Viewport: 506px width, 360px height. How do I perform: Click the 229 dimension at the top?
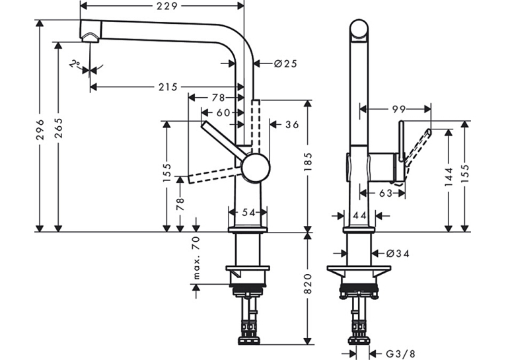click(x=167, y=6)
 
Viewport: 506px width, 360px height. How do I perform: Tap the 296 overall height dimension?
click(x=40, y=129)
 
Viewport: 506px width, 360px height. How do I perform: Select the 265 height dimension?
click(x=58, y=128)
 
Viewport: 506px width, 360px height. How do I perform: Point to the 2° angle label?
click(x=75, y=63)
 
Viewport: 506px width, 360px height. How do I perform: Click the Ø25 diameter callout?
click(x=285, y=64)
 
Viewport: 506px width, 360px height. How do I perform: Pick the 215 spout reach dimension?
click(x=168, y=87)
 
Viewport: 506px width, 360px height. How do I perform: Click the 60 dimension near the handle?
click(x=223, y=112)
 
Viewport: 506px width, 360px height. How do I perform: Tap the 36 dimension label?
click(x=292, y=125)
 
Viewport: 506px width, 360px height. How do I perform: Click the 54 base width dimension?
click(x=248, y=212)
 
